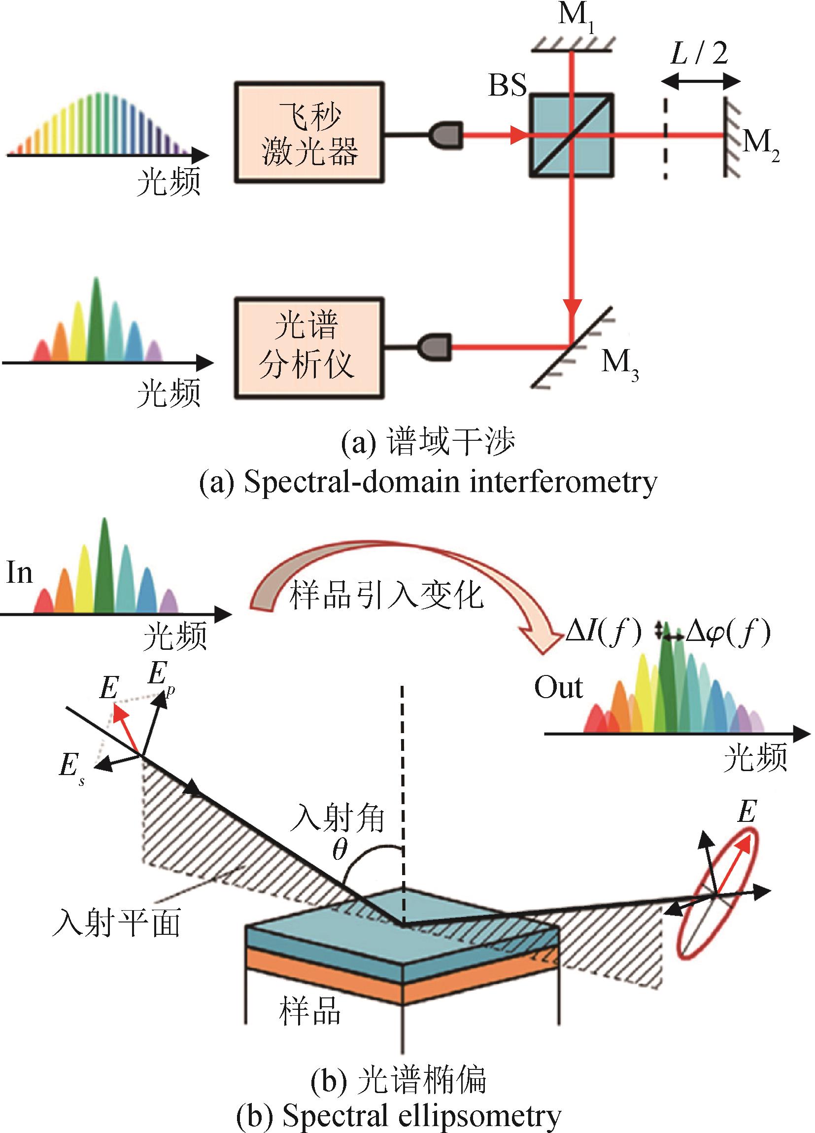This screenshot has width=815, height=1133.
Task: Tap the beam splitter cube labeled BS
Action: click(x=571, y=135)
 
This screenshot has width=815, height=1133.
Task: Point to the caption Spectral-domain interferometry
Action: click(x=428, y=482)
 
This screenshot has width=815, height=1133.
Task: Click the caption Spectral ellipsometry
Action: click(x=400, y=1118)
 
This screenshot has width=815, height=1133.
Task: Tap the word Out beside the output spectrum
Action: click(x=558, y=688)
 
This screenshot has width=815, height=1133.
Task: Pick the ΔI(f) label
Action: click(x=603, y=635)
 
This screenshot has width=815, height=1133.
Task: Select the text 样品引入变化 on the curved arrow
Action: click(x=385, y=596)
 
